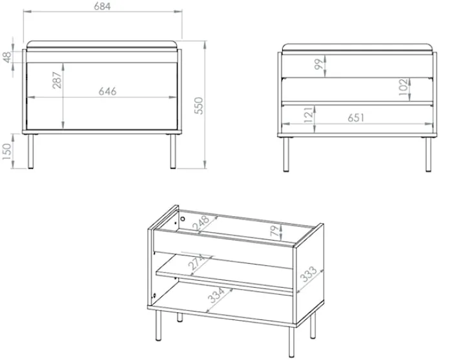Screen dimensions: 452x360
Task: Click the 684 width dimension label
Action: pos(102,6)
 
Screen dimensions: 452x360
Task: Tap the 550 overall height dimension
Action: pos(199,106)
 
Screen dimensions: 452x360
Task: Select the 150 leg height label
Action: pos(6,152)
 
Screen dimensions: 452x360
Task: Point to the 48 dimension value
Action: pos(8,56)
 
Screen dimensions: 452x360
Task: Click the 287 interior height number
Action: pos(57,80)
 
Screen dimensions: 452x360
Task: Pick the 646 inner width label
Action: pos(108,92)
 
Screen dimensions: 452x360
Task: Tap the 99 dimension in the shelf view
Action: pos(319,65)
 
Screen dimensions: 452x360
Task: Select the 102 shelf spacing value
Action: pos(404,87)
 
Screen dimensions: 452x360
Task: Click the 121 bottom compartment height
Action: pos(308,115)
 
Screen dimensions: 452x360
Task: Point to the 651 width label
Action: pos(356,118)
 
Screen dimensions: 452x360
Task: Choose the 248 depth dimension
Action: pos(201,223)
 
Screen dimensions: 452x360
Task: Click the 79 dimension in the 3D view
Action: pos(274,231)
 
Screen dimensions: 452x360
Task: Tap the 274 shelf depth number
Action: pos(197,262)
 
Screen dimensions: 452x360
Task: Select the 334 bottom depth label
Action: pos(216,295)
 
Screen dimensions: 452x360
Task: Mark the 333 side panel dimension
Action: pos(309,274)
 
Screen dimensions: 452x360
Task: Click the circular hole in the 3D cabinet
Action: pos(183,219)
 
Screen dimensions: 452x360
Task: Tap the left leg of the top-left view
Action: pos(30,152)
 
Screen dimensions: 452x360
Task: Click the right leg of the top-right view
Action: pos(429,155)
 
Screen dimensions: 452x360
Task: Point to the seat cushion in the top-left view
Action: pos(102,45)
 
